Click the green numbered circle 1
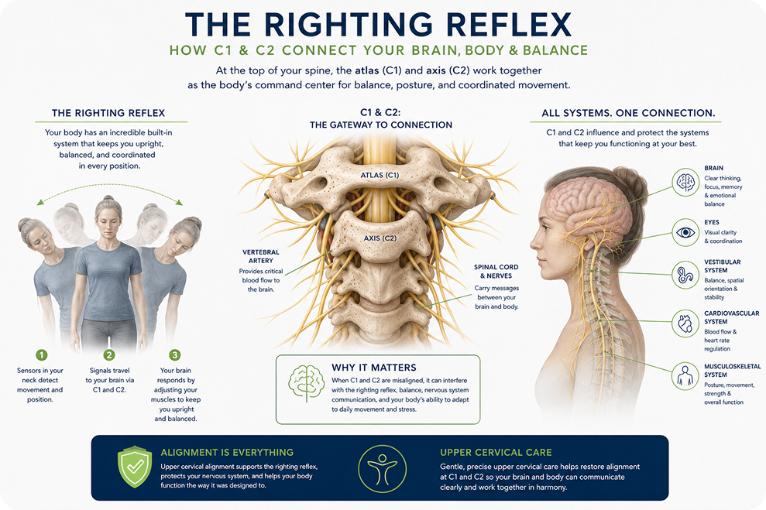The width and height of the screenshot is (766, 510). click(42, 354)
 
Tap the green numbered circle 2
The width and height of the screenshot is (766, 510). click(109, 354)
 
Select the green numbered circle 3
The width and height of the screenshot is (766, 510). click(175, 354)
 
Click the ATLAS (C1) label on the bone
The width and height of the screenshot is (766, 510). click(380, 175)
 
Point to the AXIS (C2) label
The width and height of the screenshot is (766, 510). click(380, 238)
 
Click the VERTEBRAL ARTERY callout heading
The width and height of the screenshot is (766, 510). click(261, 256)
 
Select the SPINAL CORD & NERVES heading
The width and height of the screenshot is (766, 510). click(496, 272)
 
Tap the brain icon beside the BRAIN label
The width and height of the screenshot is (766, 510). click(685, 182)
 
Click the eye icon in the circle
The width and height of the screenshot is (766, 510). click(685, 232)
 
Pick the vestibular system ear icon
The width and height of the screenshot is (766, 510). click(685, 276)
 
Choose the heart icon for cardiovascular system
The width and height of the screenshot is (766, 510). click(685, 323)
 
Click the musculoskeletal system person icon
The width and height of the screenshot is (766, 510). click(685, 376)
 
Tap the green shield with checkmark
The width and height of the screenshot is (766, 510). click(134, 467)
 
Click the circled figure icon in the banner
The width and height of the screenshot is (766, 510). click(382, 468)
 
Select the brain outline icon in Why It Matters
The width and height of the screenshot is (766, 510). click(306, 383)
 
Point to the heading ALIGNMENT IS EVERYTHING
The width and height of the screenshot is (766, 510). click(227, 453)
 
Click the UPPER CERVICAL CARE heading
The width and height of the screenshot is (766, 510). click(496, 453)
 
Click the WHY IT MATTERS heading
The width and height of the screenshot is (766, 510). click(374, 368)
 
